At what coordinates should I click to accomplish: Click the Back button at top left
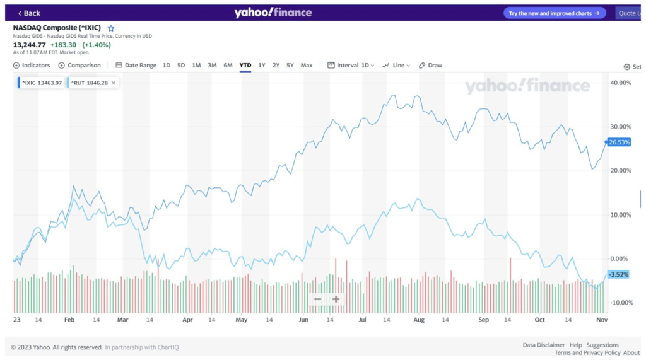[29, 13]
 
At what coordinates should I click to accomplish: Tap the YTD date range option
[245, 66]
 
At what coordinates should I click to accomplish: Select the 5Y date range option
[290, 66]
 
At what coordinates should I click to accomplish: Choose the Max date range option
[307, 66]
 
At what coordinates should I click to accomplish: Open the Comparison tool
[79, 66]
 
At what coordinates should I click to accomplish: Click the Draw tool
[431, 66]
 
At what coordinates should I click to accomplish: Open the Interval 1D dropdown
[351, 66]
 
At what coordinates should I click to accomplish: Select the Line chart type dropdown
[397, 66]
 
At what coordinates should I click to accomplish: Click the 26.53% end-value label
[619, 142]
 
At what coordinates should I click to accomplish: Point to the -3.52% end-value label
[618, 275]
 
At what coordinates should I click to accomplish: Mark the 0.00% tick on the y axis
[619, 259]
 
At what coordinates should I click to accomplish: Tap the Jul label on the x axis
[362, 320]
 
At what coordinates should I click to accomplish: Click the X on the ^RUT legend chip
[114, 83]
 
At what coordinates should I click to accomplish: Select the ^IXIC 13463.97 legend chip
[40, 83]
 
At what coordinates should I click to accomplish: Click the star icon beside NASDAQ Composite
[111, 28]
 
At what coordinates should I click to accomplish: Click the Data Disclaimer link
[544, 345]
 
